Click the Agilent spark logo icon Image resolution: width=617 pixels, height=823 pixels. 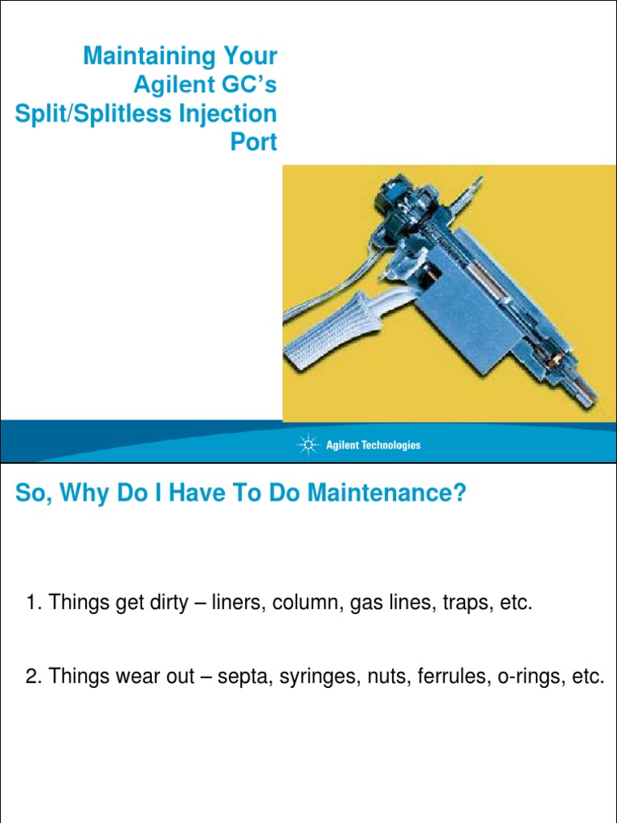pos(308,444)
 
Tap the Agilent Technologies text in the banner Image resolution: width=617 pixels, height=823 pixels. pos(373,445)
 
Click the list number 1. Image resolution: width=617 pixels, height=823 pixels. pos(33,604)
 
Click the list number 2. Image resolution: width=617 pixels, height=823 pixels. pos(33,677)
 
